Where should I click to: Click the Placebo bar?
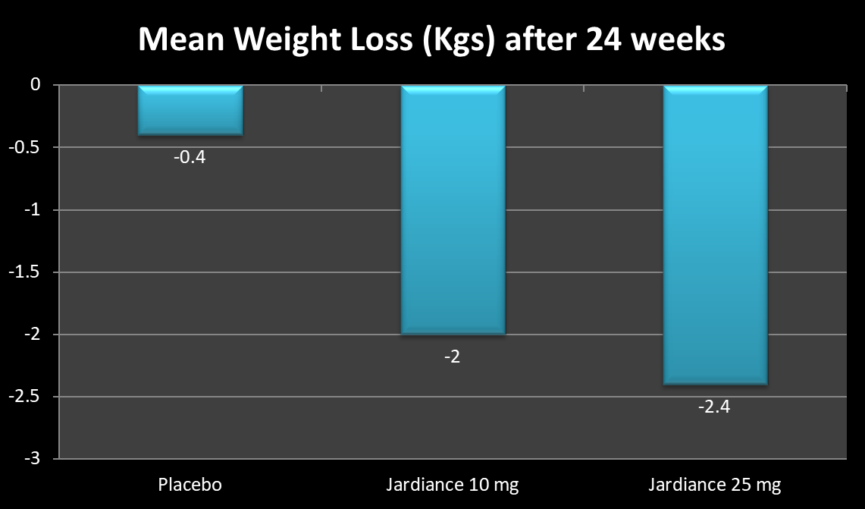190,111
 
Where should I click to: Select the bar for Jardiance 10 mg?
453,209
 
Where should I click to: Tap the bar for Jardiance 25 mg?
716,234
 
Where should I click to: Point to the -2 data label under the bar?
453,357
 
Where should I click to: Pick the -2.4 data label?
715,407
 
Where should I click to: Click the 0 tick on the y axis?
36,85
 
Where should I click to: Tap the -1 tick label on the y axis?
33,210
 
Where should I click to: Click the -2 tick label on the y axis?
33,335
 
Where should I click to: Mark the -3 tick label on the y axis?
33,459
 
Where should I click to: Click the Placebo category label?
190,485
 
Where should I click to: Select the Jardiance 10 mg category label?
453,485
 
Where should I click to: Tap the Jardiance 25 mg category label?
715,485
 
